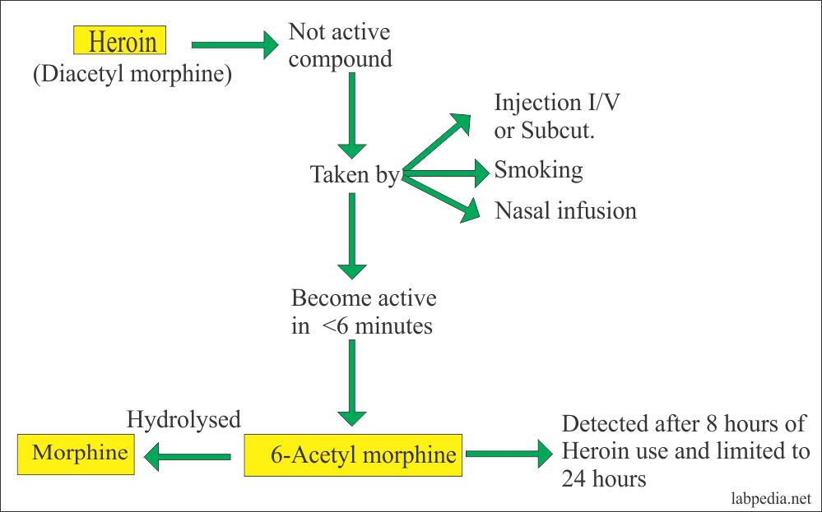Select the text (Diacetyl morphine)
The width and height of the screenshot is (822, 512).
pyautogui.click(x=132, y=75)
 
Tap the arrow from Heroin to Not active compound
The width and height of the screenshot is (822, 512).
pyautogui.click(x=235, y=45)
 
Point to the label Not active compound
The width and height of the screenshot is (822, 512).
pyautogui.click(x=339, y=45)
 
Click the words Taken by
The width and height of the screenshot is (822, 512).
pyautogui.click(x=355, y=175)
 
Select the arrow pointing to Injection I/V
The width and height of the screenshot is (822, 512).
pyautogui.click(x=436, y=143)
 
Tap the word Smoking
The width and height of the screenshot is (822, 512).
pyautogui.click(x=538, y=170)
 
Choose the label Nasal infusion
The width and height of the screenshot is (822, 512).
pyautogui.click(x=565, y=210)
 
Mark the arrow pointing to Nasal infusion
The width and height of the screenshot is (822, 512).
pyautogui.click(x=440, y=196)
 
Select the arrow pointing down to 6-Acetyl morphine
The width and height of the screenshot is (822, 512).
pyautogui.click(x=352, y=382)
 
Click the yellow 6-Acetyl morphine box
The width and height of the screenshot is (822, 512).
pyautogui.click(x=353, y=455)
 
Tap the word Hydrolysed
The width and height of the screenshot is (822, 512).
pyautogui.click(x=183, y=420)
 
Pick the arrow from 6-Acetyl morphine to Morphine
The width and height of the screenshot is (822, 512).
pyautogui.click(x=188, y=455)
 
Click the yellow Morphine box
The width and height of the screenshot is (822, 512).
pyautogui.click(x=78, y=452)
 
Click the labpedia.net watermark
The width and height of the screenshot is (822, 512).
pyautogui.click(x=772, y=499)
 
